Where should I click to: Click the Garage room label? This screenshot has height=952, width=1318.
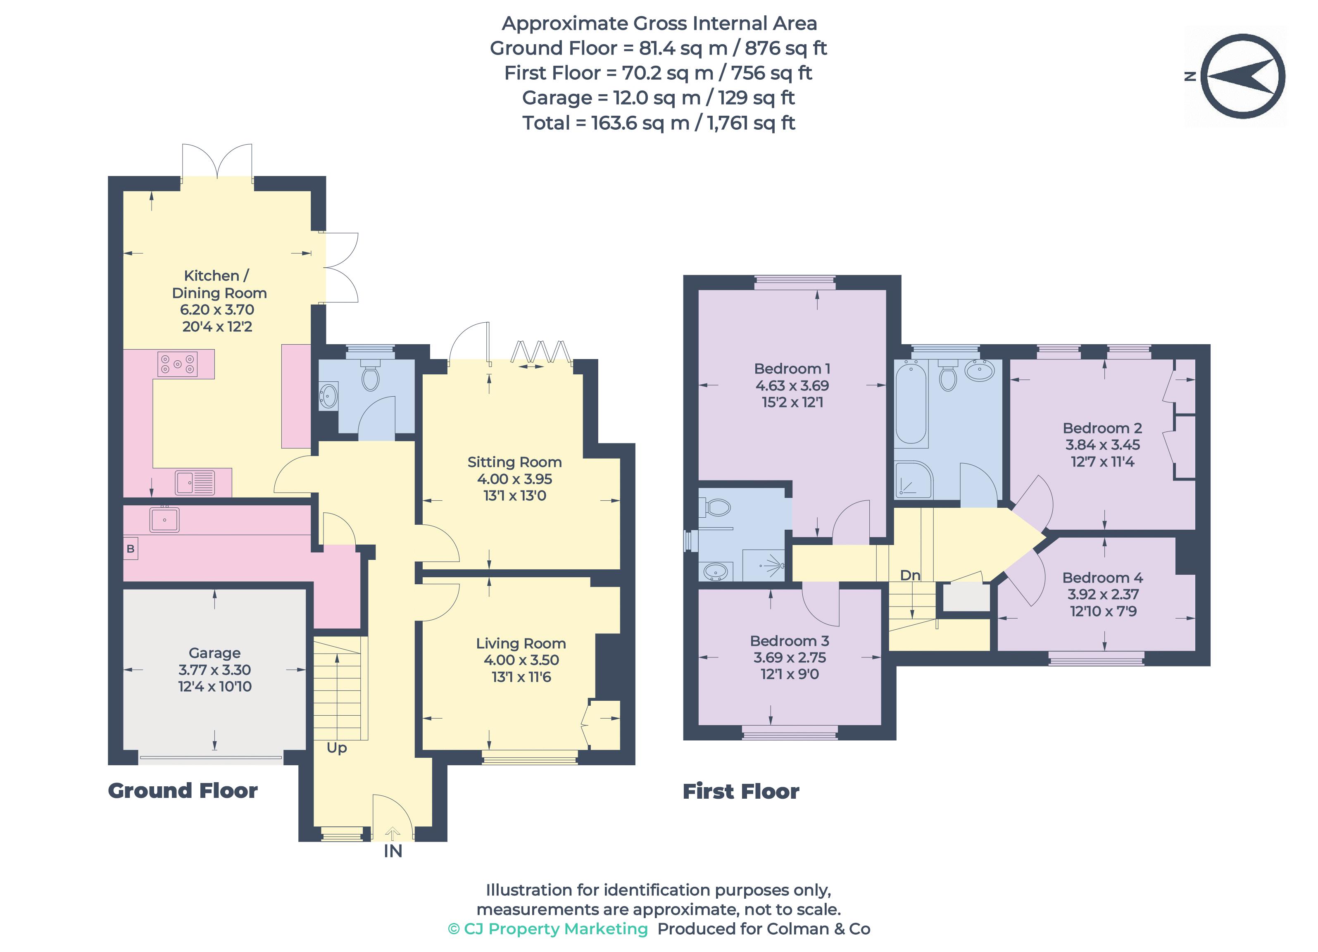pyautogui.click(x=214, y=653)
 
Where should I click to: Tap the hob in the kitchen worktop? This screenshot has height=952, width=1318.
pyautogui.click(x=177, y=364)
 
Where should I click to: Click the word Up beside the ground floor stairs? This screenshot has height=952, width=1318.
pyautogui.click(x=336, y=747)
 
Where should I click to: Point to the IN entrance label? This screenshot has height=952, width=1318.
pyautogui.click(x=393, y=852)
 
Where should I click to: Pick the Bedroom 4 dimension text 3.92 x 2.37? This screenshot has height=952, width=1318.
pyautogui.click(x=1102, y=594)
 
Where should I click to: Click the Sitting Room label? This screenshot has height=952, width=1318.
pyautogui.click(x=514, y=462)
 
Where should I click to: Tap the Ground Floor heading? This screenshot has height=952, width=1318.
pyautogui.click(x=183, y=790)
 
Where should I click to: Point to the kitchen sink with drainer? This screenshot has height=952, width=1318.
pyautogui.click(x=195, y=482)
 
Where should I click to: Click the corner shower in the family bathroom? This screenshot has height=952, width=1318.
pyautogui.click(x=914, y=481)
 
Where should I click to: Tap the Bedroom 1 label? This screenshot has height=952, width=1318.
pyautogui.click(x=792, y=369)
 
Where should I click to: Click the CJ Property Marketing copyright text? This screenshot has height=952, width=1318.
pyautogui.click(x=548, y=929)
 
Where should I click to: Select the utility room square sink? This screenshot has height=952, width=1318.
pyautogui.click(x=164, y=519)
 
